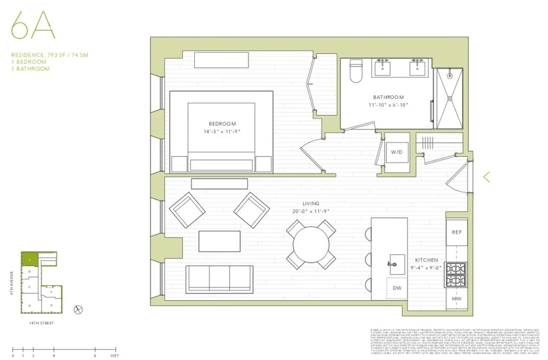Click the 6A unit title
(x=33, y=28)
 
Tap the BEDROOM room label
(x=222, y=123)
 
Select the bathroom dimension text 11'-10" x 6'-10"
(x=388, y=105)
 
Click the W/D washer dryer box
(x=396, y=153)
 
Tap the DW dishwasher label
(x=397, y=288)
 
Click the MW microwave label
(x=457, y=299)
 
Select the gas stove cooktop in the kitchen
(x=457, y=274)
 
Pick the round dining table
(x=311, y=244)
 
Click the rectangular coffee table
(x=220, y=241)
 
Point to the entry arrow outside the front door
(x=487, y=177)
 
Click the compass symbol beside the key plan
(x=79, y=310)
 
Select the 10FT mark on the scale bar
(x=114, y=355)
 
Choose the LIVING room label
(x=311, y=204)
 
